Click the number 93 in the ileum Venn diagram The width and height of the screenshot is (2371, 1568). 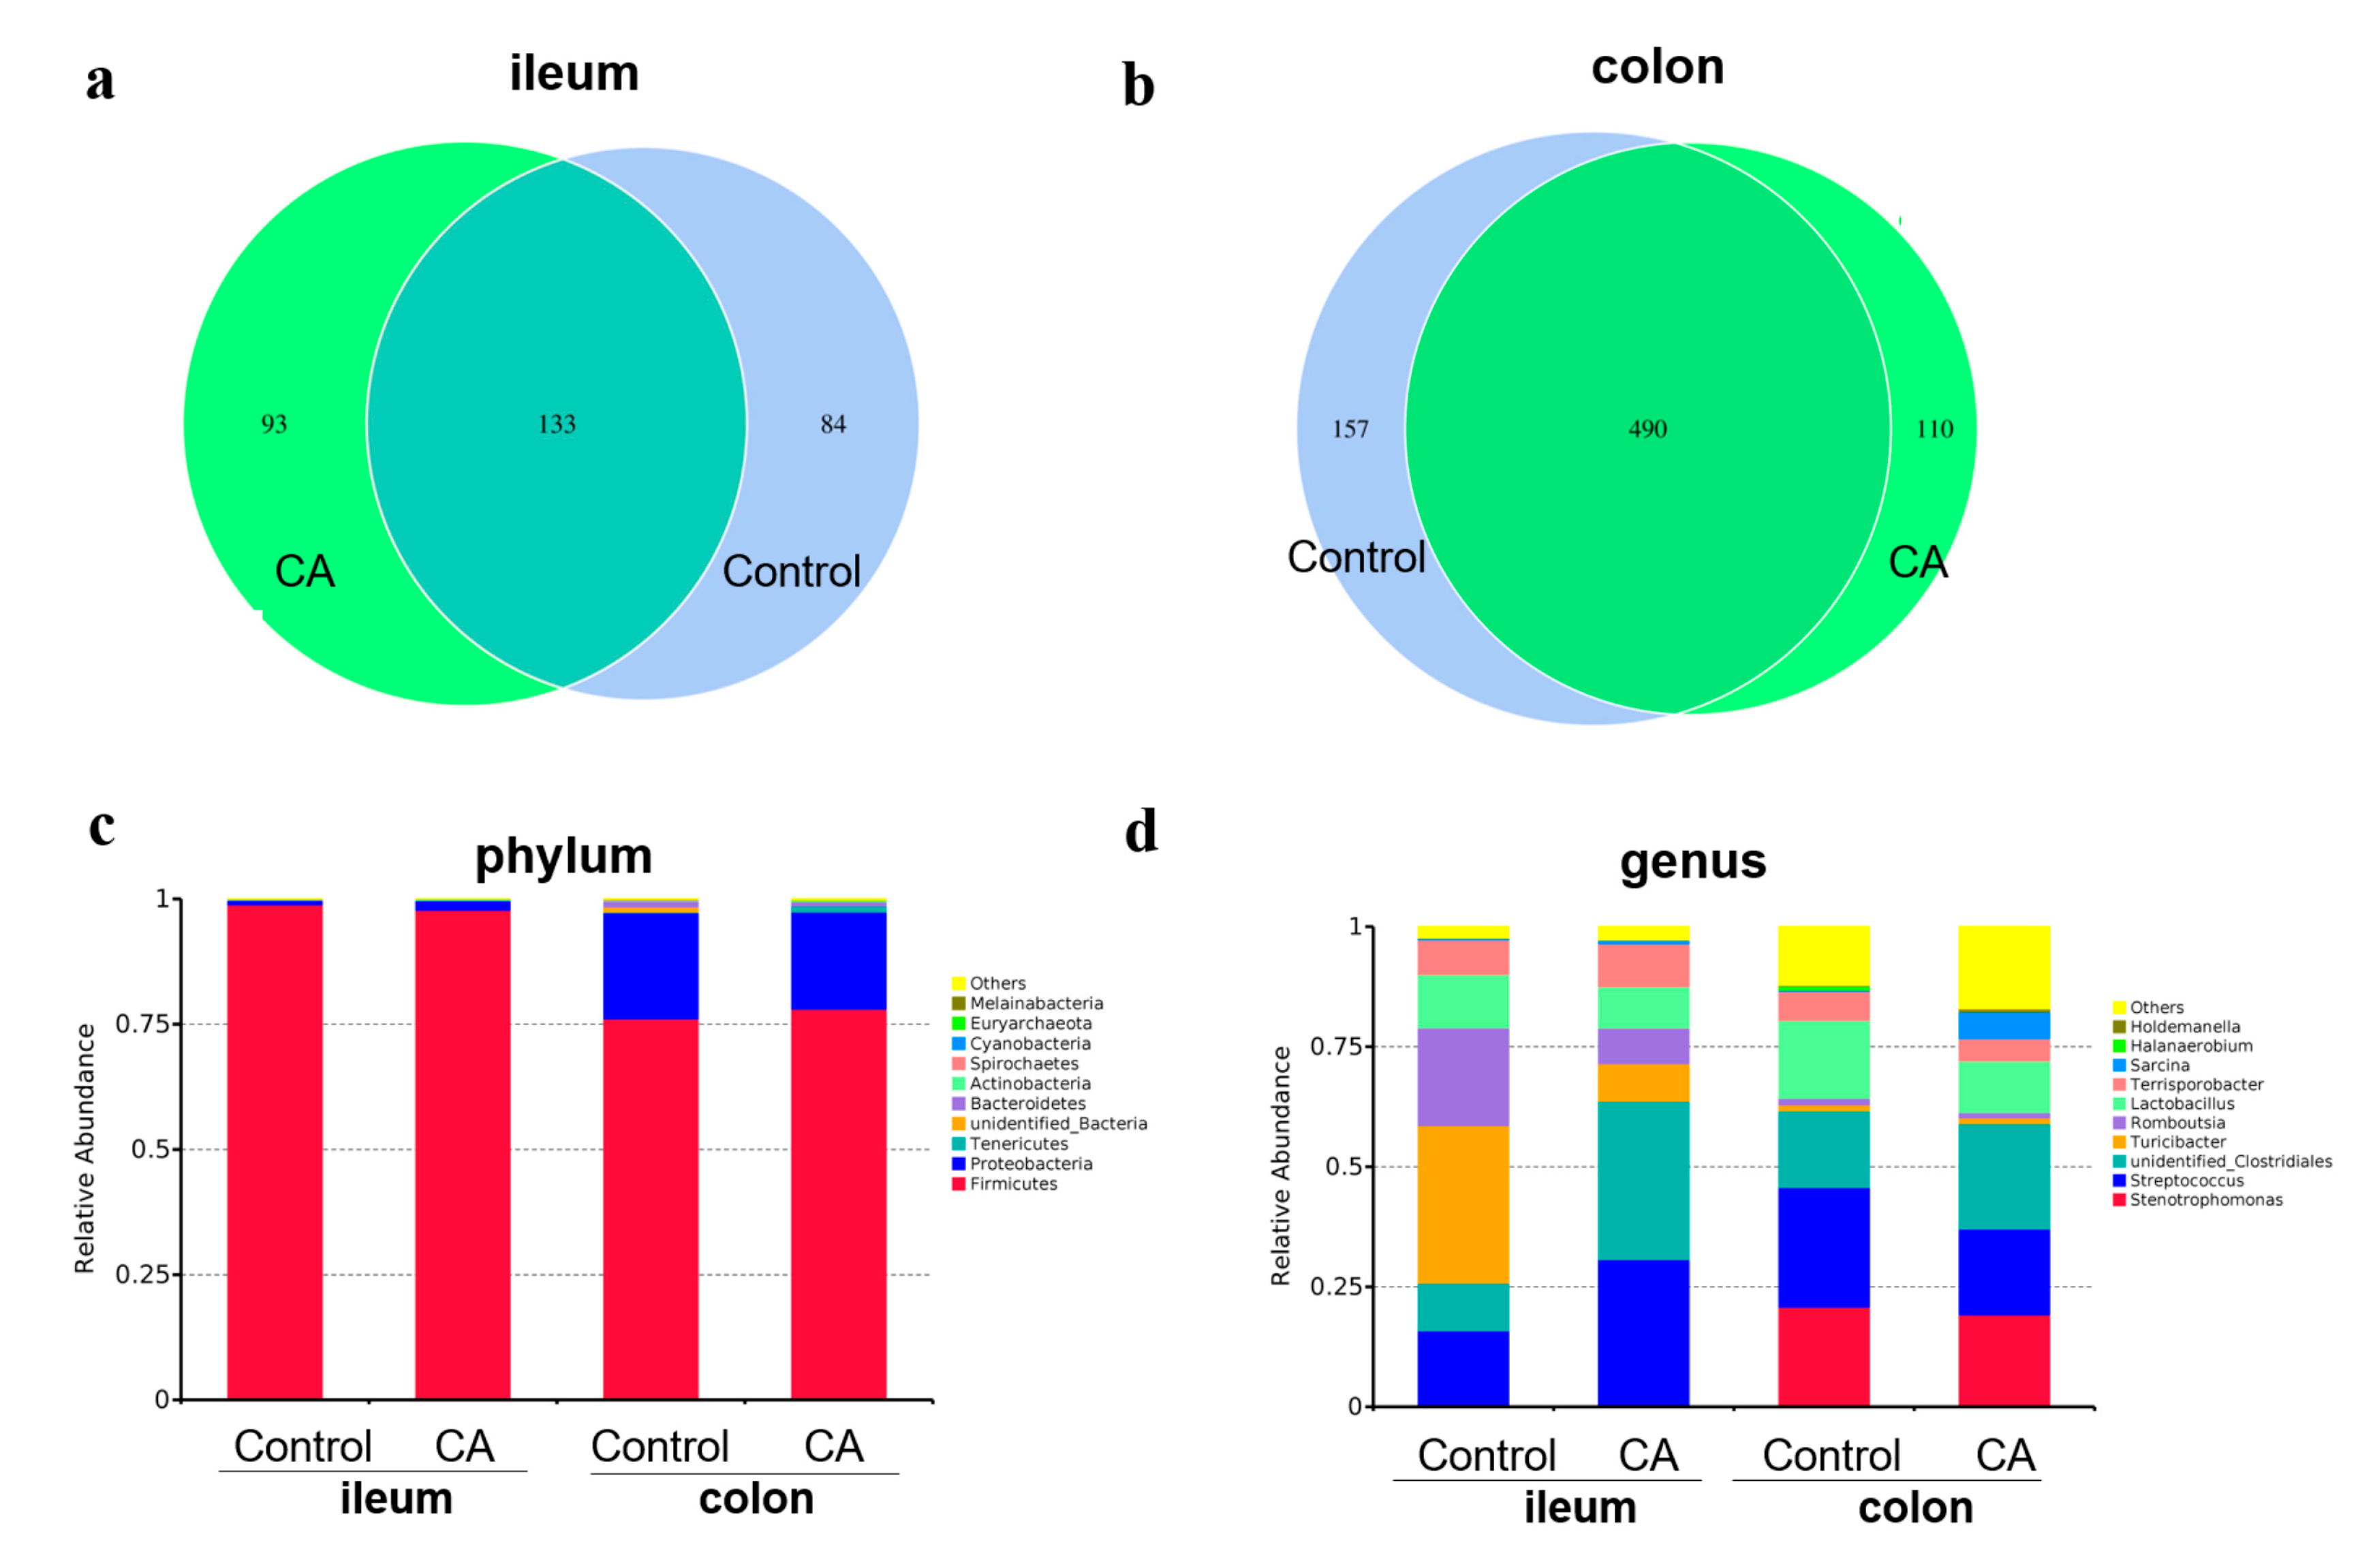coord(274,424)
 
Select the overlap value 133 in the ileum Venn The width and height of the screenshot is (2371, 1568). coord(557,424)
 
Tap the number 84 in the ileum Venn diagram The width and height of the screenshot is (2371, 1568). coord(833,424)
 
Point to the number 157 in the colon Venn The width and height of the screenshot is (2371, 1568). coord(1350,429)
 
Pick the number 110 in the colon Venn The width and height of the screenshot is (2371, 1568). coord(1934,429)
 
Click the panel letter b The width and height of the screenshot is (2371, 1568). coord(1138,86)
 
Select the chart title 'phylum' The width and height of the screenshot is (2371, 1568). coord(563,856)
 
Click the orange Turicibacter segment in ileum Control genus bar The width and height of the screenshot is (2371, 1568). coord(1462,1204)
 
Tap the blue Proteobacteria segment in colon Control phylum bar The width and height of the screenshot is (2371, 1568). coord(650,966)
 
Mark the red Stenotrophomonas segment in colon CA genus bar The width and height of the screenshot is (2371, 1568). coord(2003,1360)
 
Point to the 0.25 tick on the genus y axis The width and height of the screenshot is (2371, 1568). coord(1337,1286)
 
